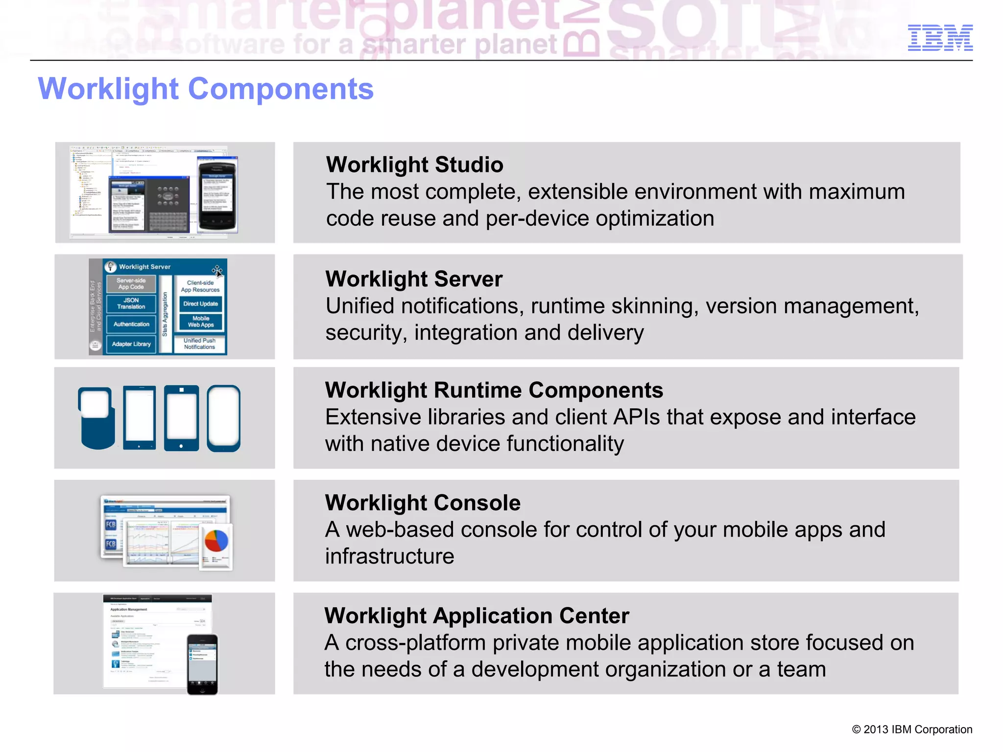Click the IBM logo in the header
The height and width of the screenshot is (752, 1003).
tap(940, 38)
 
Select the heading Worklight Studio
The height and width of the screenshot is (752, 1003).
tap(414, 164)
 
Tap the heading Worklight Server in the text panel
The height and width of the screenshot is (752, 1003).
tap(414, 279)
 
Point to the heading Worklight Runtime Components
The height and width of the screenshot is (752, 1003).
tap(494, 390)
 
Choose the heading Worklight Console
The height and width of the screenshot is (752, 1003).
tap(423, 503)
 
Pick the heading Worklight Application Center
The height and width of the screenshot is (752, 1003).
tap(477, 616)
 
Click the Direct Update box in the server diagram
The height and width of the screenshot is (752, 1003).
tap(200, 304)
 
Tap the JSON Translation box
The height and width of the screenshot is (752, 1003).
tap(131, 304)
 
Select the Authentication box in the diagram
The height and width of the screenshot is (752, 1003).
tap(131, 324)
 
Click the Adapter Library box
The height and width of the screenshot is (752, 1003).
tap(131, 344)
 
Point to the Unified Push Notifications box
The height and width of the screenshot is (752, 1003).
tap(199, 344)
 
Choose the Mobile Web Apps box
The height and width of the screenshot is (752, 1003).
tap(200, 322)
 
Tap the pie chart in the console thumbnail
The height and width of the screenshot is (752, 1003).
tap(216, 541)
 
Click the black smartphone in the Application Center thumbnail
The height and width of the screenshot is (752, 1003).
tap(202, 664)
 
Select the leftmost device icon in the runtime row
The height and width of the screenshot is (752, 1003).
tap(96, 418)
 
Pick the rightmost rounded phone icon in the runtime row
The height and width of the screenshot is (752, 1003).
tap(224, 418)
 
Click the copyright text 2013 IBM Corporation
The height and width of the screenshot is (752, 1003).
tap(912, 729)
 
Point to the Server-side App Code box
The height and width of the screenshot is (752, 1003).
tap(131, 284)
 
